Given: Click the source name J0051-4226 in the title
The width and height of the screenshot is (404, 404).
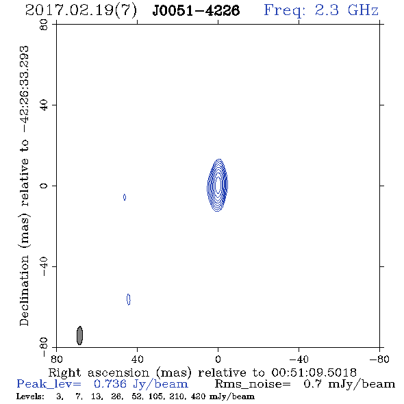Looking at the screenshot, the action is pos(196,10).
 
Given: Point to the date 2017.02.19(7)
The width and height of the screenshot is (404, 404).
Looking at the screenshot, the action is pos(81,10).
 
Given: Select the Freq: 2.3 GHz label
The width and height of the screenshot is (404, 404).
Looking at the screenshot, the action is pos(321,10).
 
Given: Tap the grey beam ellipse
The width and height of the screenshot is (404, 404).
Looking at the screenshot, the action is pos(79,336).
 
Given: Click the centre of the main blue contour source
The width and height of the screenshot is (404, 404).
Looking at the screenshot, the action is pos(218,185).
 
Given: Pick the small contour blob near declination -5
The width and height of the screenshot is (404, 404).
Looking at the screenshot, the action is pos(125,197).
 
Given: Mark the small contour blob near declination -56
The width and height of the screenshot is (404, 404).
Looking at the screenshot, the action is pos(129,299).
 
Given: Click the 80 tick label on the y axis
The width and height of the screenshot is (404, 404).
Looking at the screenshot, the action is pos(44,25).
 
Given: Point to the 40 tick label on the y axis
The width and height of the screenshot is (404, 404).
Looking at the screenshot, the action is pos(44,105).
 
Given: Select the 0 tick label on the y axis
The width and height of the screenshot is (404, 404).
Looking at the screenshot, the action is pos(44,186).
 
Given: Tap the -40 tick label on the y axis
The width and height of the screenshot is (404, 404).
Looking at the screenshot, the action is pos(44,266).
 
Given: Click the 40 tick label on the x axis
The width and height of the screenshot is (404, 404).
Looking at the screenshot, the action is pos(137,359).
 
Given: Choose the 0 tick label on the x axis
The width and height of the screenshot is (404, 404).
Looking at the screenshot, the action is pos(218,359).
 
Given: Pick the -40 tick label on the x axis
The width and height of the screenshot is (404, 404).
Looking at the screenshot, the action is pos(299,359).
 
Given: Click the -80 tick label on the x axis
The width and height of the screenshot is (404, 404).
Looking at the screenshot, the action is pos(379,359).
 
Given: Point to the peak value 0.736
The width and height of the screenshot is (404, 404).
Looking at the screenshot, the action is pos(110,384).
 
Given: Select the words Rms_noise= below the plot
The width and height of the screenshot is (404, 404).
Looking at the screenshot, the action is pos(253,384).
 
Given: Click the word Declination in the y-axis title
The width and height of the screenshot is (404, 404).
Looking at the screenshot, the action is pos(24,290).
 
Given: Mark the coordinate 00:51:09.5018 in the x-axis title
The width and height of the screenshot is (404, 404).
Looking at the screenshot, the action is pos(314,373).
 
